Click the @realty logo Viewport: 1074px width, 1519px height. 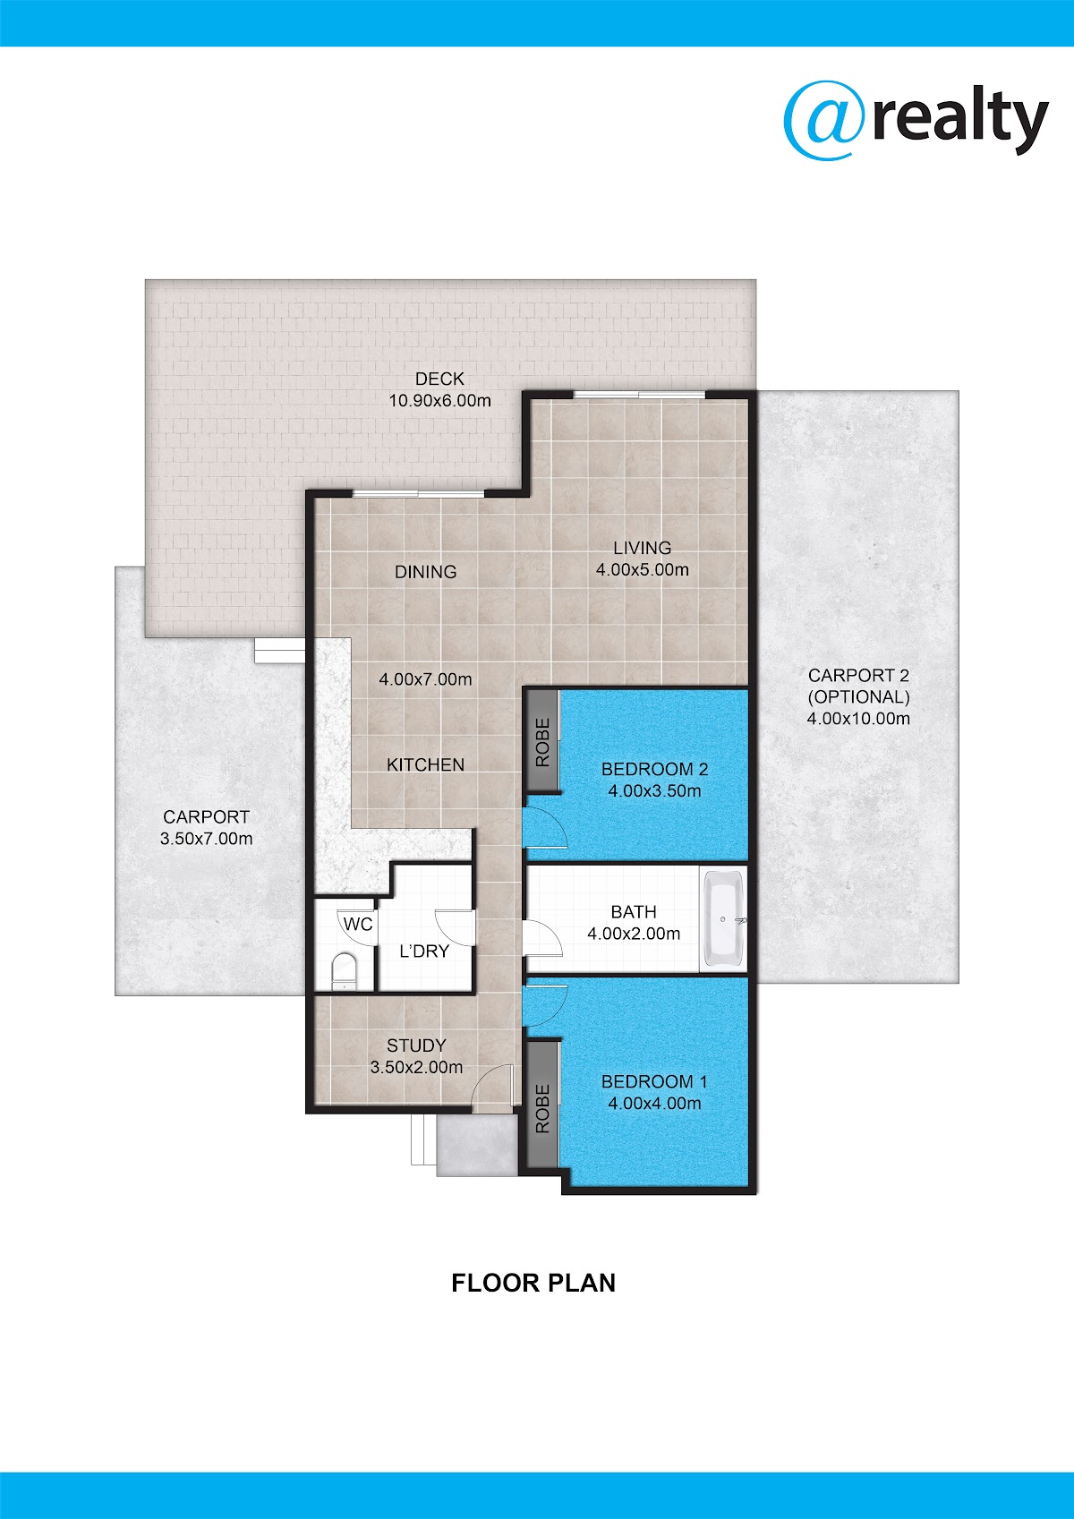coord(916,122)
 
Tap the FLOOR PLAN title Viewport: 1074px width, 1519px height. coord(533,1283)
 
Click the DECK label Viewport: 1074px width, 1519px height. coord(439,379)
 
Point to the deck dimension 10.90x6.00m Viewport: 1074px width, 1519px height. coord(439,401)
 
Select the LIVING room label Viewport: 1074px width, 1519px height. coord(642,548)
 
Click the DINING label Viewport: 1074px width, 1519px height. coord(426,572)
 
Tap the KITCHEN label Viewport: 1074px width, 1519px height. coord(426,765)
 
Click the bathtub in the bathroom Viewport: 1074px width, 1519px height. coord(723,919)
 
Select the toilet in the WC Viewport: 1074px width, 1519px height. coord(344,970)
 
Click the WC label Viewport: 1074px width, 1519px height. coord(358,925)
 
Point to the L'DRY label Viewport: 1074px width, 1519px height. coord(424,952)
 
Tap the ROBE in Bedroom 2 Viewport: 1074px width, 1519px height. coord(542,743)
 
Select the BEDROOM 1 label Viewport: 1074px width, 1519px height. coord(654,1081)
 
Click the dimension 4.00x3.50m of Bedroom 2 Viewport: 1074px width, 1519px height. coord(654,790)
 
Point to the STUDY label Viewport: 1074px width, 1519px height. coord(416,1045)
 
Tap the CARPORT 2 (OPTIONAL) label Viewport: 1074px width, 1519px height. coord(858,687)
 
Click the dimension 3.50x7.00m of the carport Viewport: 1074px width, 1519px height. coord(206,839)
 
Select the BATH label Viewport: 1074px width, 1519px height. coord(634,912)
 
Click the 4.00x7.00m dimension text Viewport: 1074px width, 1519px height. coord(425,679)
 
